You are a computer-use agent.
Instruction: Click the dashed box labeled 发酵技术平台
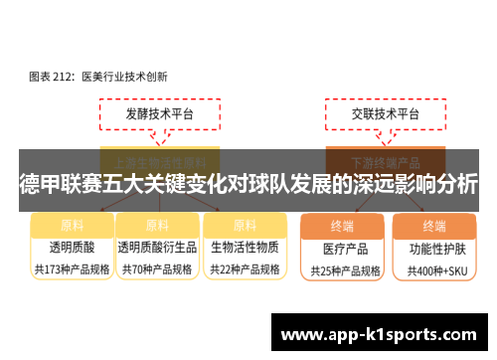pos(159,115)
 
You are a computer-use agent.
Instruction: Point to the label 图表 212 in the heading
pos(49,75)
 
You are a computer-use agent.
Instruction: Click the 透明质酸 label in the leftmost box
pos(72,247)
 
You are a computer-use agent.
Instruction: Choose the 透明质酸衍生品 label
pos(156,247)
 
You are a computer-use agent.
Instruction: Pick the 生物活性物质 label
pos(244,247)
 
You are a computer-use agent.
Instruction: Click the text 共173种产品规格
pos(72,269)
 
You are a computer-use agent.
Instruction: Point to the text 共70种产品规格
pos(156,269)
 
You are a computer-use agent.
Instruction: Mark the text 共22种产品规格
pos(244,269)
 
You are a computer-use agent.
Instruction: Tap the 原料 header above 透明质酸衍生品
pos(156,225)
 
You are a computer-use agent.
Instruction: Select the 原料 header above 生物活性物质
pos(244,225)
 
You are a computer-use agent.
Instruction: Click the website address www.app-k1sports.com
pos(381,333)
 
